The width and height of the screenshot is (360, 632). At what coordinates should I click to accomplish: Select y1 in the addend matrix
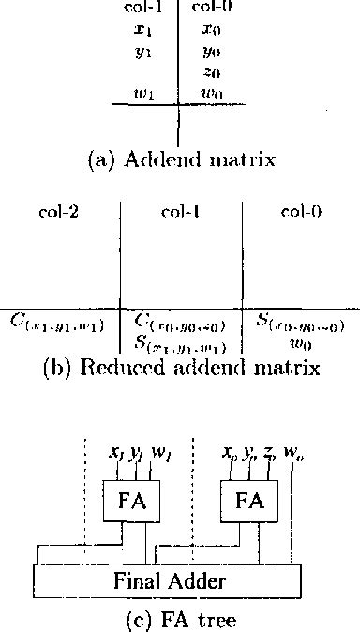click(143, 53)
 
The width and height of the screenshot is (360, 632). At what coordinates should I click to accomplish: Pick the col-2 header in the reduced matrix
click(58, 212)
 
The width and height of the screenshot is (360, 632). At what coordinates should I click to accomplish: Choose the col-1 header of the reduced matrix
click(179, 212)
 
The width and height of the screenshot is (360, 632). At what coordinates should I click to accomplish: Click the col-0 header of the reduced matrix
click(301, 212)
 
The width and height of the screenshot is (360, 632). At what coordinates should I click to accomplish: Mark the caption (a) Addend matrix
click(181, 160)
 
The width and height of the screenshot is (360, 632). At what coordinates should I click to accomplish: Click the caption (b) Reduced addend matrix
click(182, 368)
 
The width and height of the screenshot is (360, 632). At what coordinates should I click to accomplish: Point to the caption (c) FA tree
click(180, 619)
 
